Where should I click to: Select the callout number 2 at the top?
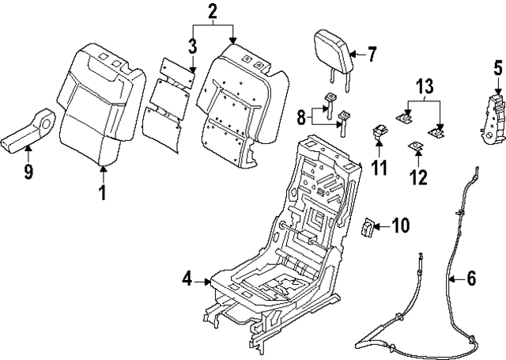[211, 11]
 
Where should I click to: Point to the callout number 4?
[187, 279]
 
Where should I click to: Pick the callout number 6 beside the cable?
[471, 278]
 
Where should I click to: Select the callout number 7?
[372, 55]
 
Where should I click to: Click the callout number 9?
[28, 171]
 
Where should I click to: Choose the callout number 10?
[401, 227]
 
